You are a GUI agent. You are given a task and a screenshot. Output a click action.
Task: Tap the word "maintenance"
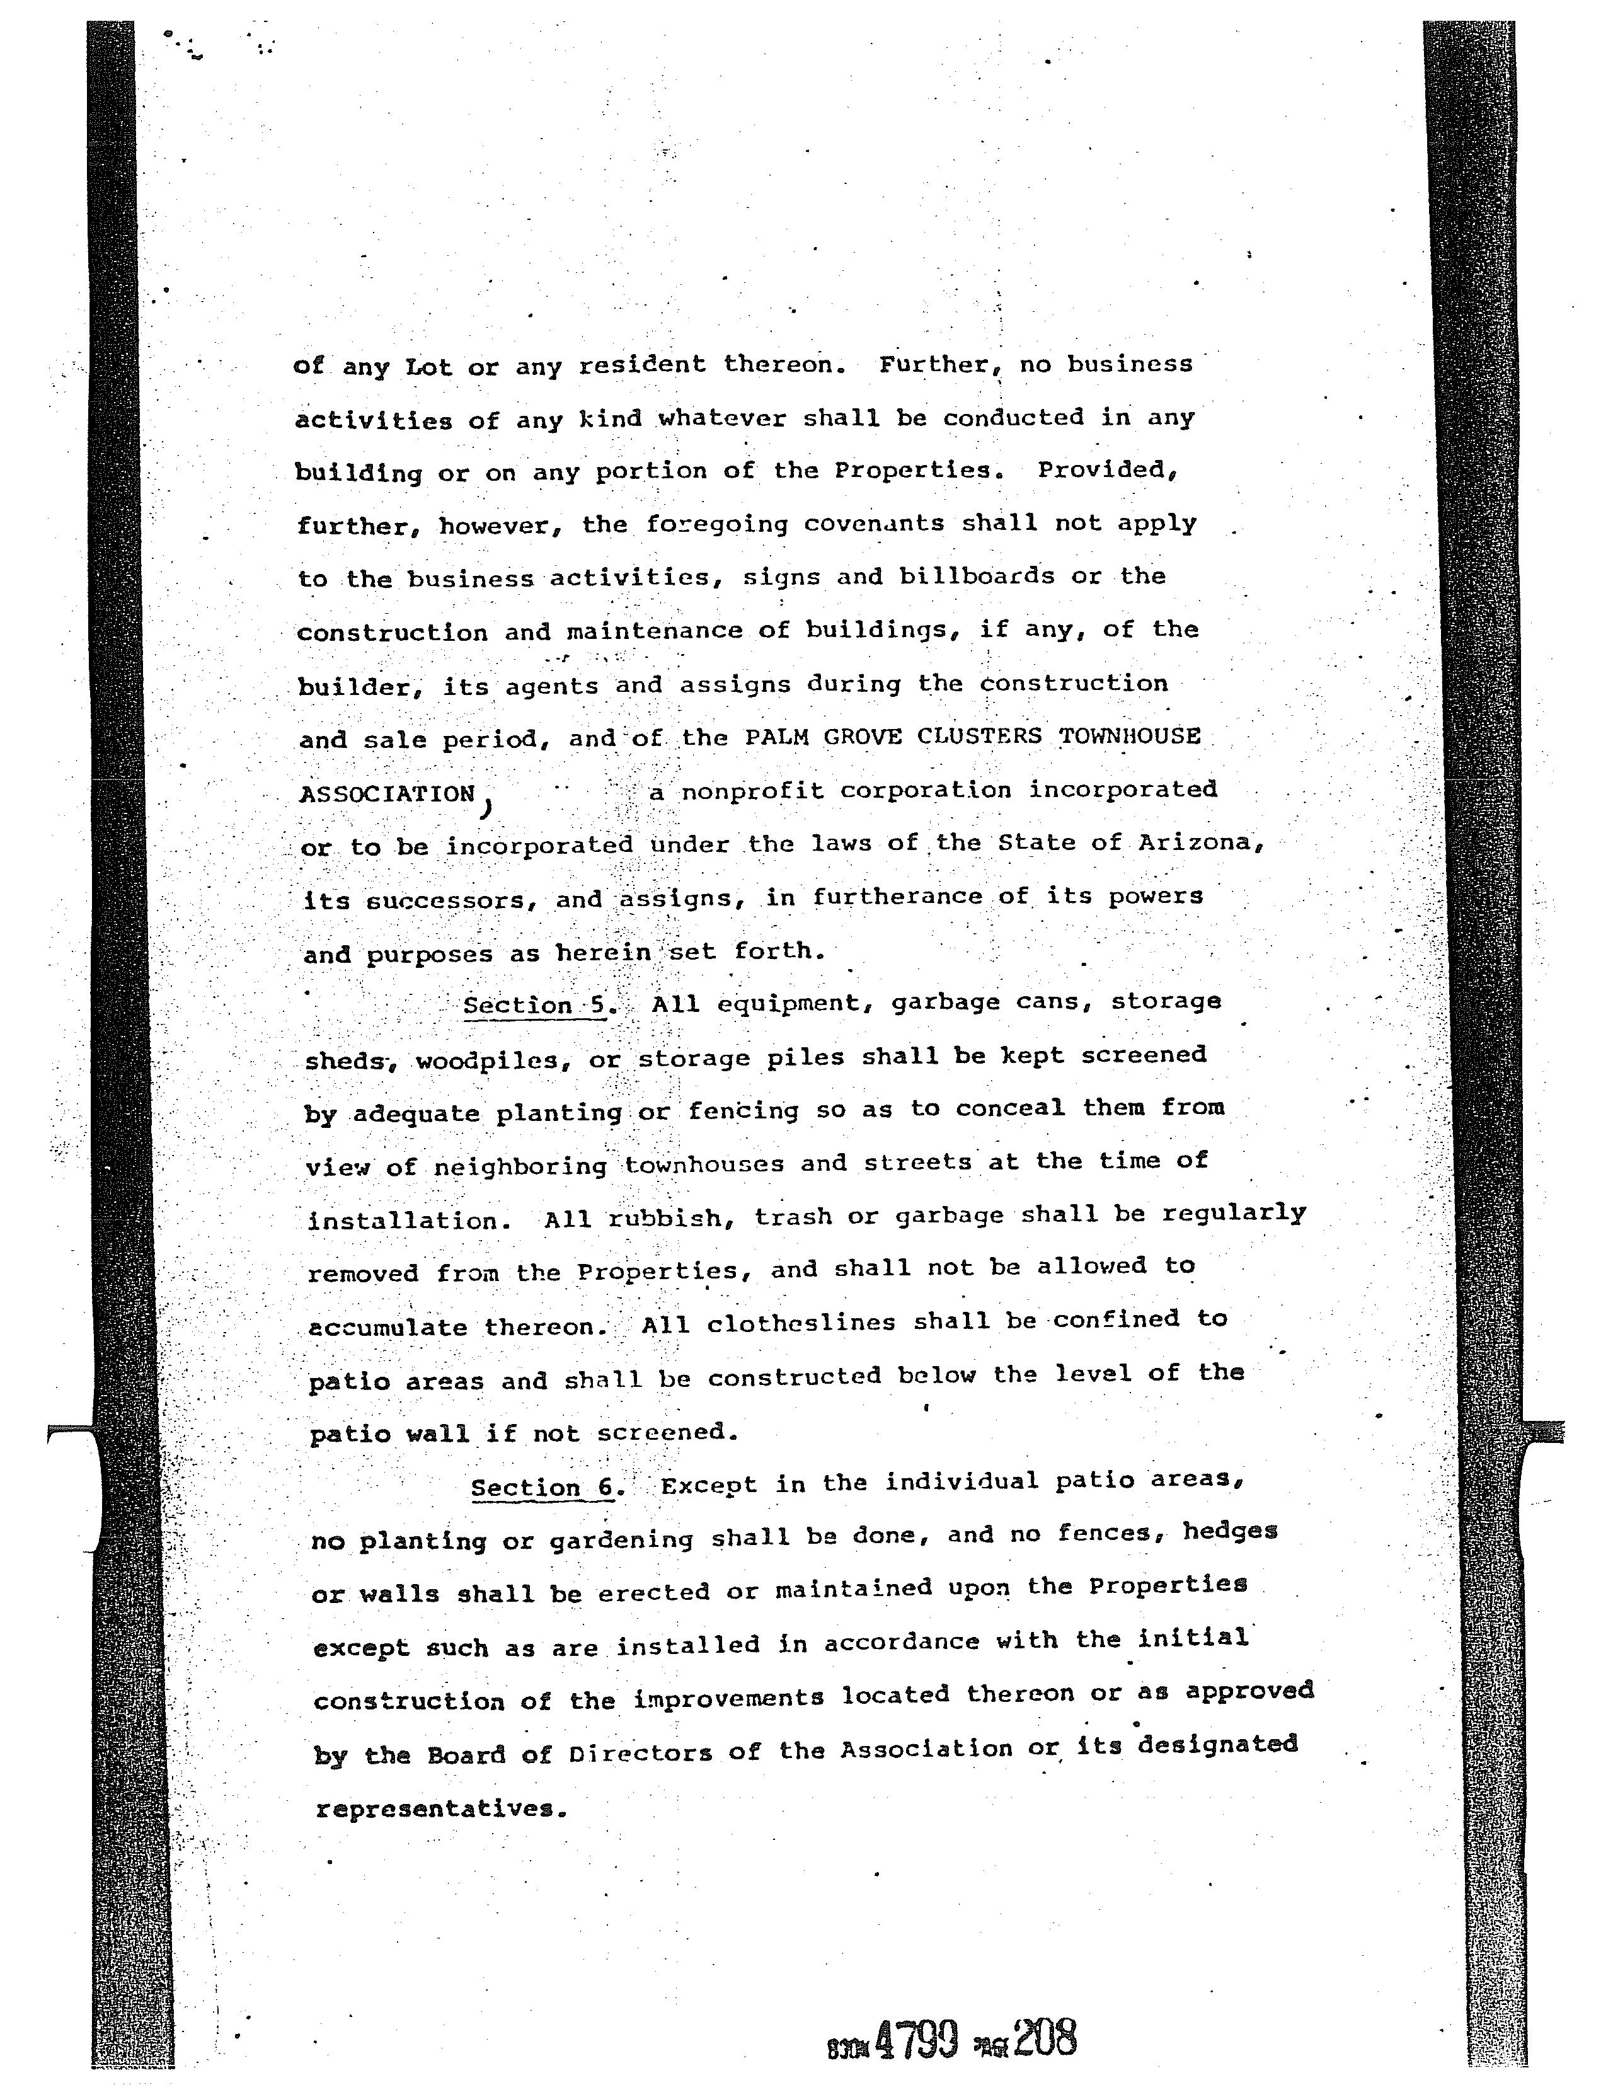click(x=654, y=632)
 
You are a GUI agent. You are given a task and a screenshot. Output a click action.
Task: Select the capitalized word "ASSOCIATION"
click(x=388, y=794)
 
